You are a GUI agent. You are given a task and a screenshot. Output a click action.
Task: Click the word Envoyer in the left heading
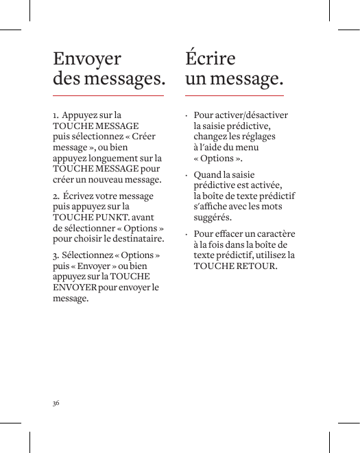pyautogui.click(x=87, y=59)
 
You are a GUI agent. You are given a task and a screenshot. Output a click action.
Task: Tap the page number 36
pyautogui.click(x=56, y=402)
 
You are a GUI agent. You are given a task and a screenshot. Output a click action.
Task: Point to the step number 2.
pyautogui.click(x=56, y=196)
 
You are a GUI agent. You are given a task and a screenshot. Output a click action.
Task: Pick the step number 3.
pyautogui.click(x=56, y=256)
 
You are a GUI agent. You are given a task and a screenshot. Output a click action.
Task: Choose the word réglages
pyautogui.click(x=256, y=137)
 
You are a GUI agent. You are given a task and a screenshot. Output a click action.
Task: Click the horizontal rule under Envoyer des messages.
pyautogui.click(x=108, y=95)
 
